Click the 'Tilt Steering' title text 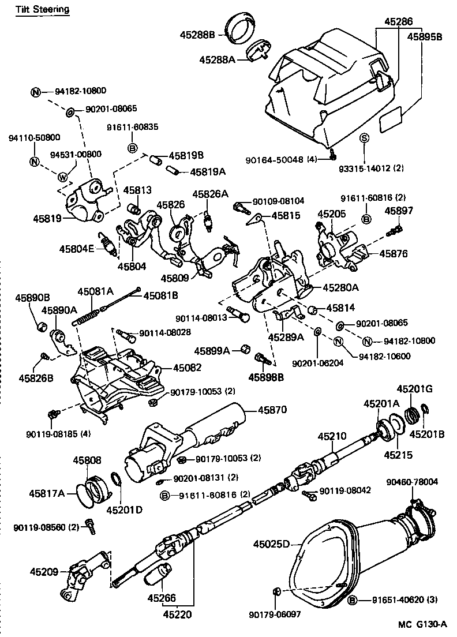click(43, 9)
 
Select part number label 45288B click(197, 35)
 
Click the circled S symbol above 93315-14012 click(364, 137)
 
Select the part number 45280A click(340, 287)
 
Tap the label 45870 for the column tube click(272, 410)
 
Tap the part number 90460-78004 click(412, 481)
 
